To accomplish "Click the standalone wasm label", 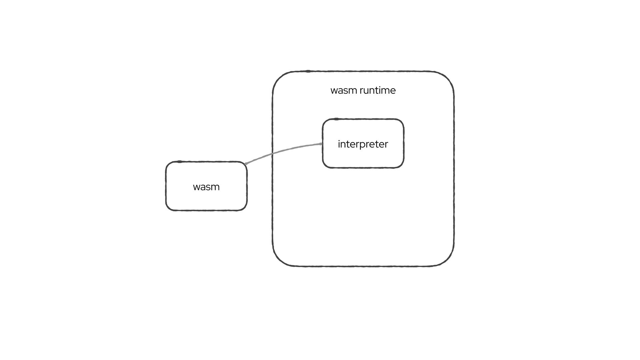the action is [x=206, y=187].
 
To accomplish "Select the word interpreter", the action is [x=363, y=144].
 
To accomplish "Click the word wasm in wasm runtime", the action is [x=343, y=90].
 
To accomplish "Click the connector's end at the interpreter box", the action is [x=321, y=144].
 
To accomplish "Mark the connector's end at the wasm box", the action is [x=246, y=164].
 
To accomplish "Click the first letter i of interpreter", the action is [x=339, y=144].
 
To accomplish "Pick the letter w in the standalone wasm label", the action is [x=197, y=187].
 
